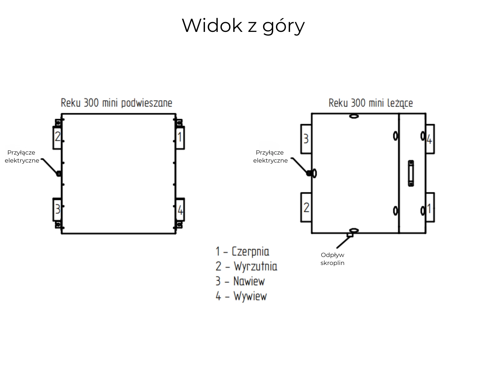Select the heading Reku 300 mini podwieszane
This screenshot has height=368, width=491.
[x=116, y=103]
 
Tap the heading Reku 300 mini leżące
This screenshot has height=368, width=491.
[x=370, y=103]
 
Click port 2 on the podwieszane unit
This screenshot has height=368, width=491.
[x=57, y=137]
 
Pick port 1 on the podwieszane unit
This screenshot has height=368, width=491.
[x=180, y=137]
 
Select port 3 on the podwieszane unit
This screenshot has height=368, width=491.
[x=57, y=209]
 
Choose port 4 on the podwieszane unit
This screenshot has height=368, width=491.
[x=180, y=210]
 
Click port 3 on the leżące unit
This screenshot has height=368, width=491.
[x=306, y=139]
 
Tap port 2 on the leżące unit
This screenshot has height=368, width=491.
[x=306, y=208]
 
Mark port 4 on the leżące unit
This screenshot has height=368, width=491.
[x=430, y=139]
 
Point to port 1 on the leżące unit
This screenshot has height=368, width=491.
[x=430, y=208]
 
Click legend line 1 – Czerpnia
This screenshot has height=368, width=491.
[x=242, y=251]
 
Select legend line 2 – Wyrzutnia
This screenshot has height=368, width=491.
[x=246, y=266]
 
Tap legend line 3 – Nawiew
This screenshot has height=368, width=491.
[x=240, y=281]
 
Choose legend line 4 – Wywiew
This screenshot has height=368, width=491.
[x=241, y=296]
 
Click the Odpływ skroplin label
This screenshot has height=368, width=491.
[x=332, y=259]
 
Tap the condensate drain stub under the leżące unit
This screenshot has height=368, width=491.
[x=350, y=235]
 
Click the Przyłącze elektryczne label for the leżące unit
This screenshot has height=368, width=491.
[x=270, y=156]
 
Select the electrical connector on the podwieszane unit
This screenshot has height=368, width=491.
[x=58, y=174]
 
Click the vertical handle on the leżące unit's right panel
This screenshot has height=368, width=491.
[x=411, y=173]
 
